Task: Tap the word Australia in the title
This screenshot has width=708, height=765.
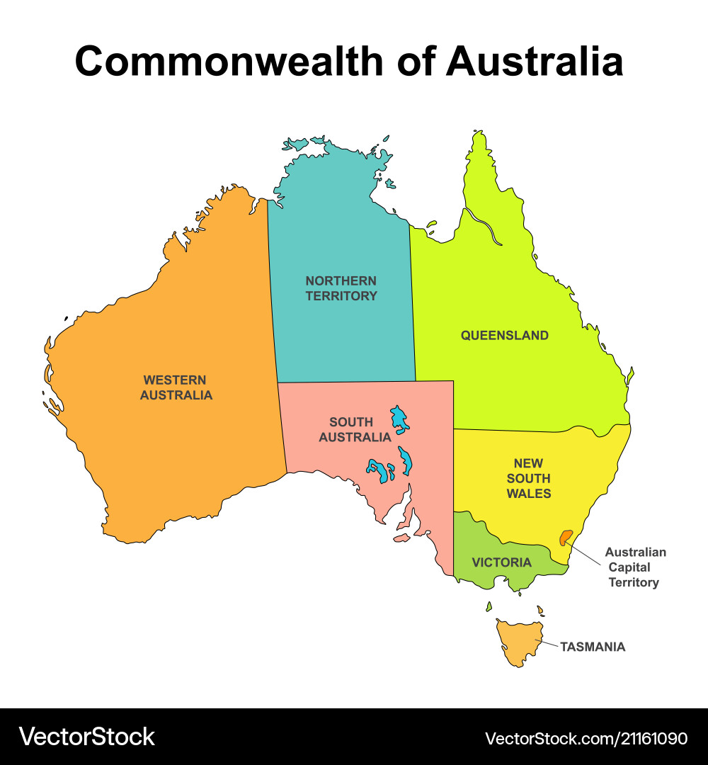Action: [x=535, y=61]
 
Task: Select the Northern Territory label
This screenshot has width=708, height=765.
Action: [x=341, y=288]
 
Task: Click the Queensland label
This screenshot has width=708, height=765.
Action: [x=505, y=335]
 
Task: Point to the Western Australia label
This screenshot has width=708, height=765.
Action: [x=176, y=387]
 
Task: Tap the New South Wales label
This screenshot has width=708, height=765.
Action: [x=529, y=478]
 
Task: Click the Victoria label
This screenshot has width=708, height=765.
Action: [x=501, y=562]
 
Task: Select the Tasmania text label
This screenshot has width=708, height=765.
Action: [x=593, y=647]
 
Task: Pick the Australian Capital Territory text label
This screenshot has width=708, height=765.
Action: [x=635, y=567]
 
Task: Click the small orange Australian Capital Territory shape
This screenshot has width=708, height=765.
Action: [x=565, y=538]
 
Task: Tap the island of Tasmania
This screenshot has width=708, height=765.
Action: [x=518, y=641]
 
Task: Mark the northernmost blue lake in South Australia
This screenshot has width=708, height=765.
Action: [x=401, y=419]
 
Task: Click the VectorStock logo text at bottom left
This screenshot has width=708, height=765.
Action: [x=87, y=737]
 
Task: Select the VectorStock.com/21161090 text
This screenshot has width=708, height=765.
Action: [x=586, y=738]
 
